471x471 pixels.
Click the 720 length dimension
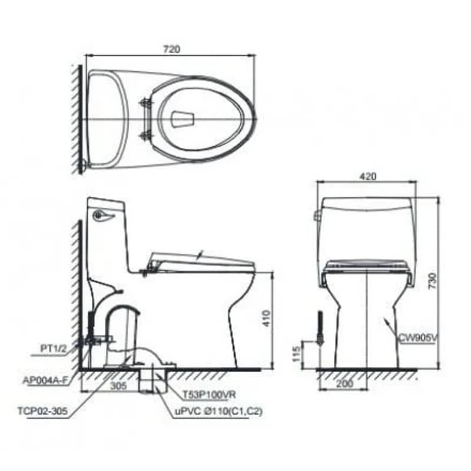pyautogui.click(x=171, y=49)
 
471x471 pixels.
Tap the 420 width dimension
pyautogui.click(x=367, y=176)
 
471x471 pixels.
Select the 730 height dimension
pyautogui.click(x=433, y=281)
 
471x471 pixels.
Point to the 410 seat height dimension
pyautogui.click(x=267, y=319)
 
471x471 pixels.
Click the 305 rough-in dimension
pyautogui.click(x=118, y=386)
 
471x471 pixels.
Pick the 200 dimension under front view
pyautogui.click(x=344, y=384)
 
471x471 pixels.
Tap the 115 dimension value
pyautogui.click(x=296, y=354)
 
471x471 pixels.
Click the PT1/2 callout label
pyautogui.click(x=54, y=349)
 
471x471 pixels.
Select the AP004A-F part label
pyautogui.click(x=45, y=380)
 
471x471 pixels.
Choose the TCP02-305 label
pyautogui.click(x=42, y=410)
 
